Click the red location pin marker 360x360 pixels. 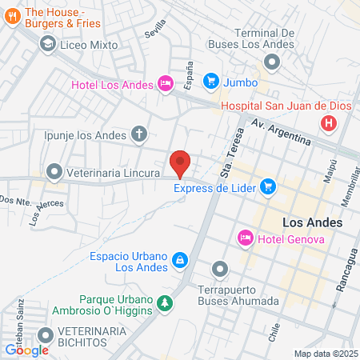180,162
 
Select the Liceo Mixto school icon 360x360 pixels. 47,43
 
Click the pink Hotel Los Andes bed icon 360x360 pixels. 166,82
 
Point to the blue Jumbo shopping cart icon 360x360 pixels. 210,80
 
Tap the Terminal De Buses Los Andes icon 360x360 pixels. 273,61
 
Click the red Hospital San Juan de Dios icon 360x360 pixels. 326,123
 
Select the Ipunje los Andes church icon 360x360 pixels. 140,134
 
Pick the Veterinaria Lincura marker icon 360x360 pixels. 54,171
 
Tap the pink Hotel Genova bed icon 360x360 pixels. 246,238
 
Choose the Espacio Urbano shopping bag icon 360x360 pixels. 181,259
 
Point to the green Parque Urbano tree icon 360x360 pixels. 165,303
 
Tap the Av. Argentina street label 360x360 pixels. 281,133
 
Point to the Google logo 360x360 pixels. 26,349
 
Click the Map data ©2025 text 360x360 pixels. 326,354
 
